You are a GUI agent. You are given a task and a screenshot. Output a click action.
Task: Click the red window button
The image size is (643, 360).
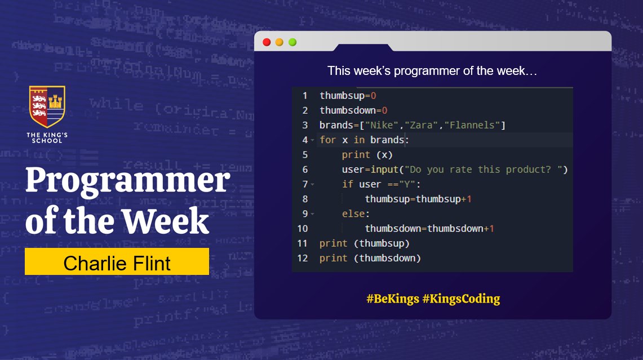tap(267, 42)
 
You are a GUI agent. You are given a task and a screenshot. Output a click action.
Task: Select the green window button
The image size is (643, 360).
tap(292, 42)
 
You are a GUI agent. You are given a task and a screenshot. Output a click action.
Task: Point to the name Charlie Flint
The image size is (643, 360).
tap(117, 263)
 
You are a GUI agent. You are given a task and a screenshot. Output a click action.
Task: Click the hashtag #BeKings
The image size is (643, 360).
tap(392, 299)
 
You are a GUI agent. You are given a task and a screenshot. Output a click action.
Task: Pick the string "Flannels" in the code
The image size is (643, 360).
tap(472, 125)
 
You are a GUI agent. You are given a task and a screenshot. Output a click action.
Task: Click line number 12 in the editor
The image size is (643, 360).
tap(303, 258)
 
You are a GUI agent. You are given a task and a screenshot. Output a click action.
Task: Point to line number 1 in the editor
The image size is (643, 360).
tap(305, 96)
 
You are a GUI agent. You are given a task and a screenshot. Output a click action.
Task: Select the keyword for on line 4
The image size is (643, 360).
tap(327, 140)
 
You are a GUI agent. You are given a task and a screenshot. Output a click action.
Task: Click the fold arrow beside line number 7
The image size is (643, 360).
tap(312, 185)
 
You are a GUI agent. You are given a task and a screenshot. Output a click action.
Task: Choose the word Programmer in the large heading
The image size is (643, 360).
tap(127, 181)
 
